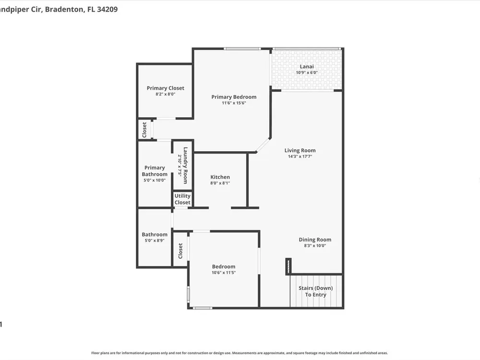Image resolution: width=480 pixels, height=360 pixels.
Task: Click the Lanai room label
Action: tap(306, 66)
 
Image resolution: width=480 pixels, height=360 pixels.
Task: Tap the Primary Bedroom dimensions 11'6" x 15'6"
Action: tap(234, 103)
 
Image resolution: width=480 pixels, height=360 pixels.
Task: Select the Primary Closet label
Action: tap(165, 88)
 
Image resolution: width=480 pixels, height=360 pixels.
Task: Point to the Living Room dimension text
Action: tap(300, 156)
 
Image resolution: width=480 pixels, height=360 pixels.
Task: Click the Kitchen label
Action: tap(220, 177)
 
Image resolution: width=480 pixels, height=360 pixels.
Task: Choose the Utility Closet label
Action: tap(182, 199)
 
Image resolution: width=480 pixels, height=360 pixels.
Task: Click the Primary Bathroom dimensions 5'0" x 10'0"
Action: tap(155, 180)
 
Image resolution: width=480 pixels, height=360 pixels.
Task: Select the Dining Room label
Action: tap(315, 240)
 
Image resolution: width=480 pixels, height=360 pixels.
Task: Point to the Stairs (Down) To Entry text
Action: tap(316, 291)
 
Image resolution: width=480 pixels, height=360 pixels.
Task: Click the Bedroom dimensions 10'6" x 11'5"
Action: tap(224, 273)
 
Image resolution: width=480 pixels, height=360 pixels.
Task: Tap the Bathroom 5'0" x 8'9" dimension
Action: tap(155, 240)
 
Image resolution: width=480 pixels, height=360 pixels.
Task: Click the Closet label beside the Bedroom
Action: tap(180, 251)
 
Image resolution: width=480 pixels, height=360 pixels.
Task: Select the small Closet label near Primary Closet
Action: tap(144, 130)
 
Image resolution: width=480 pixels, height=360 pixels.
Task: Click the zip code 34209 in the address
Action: tap(107, 9)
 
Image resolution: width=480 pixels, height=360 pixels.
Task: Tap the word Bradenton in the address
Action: tap(64, 9)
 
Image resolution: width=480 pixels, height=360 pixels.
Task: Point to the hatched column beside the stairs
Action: tap(288, 266)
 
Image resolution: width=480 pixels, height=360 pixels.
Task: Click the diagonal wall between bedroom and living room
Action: tap(263, 145)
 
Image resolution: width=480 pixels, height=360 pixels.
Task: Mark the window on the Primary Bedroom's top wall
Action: tap(242, 48)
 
